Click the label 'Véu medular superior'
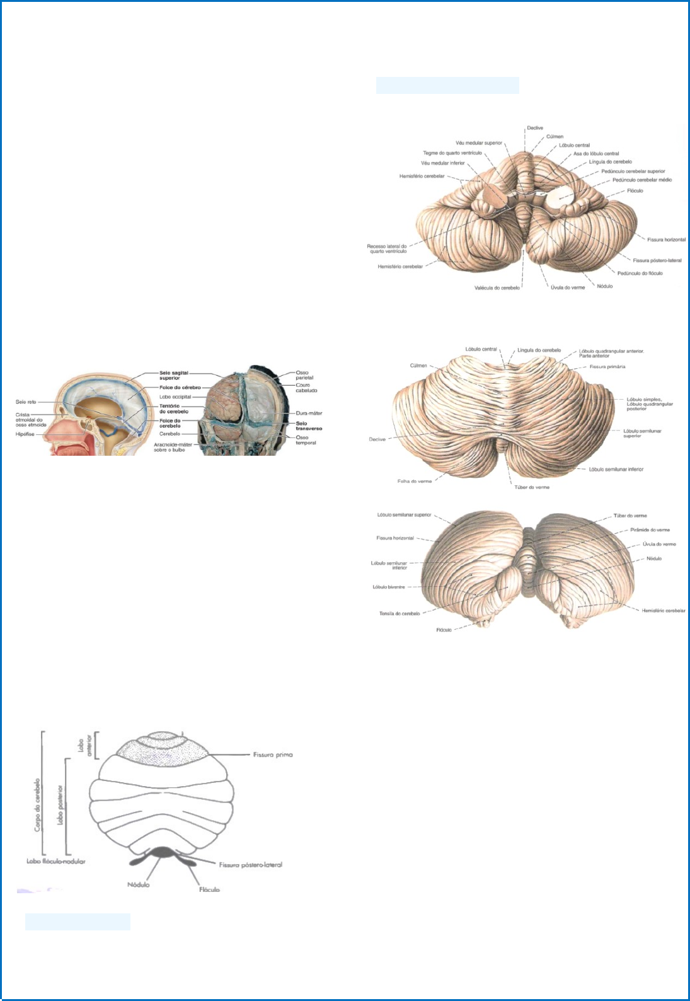479,143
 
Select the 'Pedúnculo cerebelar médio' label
641,180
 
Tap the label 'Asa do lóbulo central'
595,153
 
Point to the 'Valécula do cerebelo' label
497,288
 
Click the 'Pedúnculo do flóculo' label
640,273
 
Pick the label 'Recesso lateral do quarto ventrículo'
387,248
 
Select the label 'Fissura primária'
607,366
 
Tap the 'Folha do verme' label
415,481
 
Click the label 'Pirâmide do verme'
650,529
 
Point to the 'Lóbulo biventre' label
389,587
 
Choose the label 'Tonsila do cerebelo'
400,613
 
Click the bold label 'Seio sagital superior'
173,375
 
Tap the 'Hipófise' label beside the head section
25,434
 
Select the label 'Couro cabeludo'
306,388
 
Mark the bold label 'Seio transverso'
309,426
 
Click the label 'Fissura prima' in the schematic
272,755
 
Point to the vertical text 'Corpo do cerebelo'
37,804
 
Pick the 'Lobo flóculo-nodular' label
55,861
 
